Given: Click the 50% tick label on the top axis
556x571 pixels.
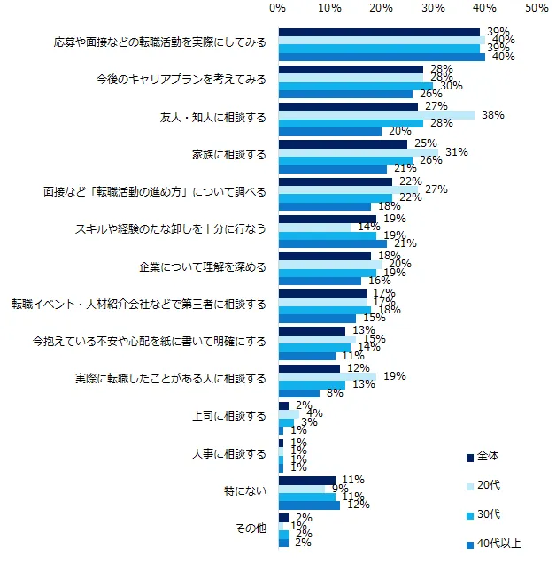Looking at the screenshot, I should (536, 8).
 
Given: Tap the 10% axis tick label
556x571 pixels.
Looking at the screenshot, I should (330, 8).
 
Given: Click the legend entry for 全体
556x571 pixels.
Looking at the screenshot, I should (487, 457).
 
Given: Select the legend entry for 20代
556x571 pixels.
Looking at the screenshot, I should (488, 485).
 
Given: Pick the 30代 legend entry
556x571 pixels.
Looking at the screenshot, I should (488, 514).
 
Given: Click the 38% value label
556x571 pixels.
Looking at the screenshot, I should (493, 114).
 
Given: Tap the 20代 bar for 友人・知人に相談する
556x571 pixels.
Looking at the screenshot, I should (376, 115).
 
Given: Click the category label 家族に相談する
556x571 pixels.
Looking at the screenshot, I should (229, 154).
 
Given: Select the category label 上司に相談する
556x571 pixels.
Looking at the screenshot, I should (229, 415).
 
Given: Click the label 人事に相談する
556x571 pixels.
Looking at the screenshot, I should (229, 453).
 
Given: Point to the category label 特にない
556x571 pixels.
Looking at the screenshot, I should (246, 490).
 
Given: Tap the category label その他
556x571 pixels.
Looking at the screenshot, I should (250, 529).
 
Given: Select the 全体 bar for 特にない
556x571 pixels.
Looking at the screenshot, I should (306, 481).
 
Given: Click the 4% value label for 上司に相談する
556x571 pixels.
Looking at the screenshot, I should (313, 413).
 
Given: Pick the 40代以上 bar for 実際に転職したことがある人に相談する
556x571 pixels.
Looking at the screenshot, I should (299, 393).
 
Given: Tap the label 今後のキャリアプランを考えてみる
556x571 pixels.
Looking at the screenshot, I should (181, 80).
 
